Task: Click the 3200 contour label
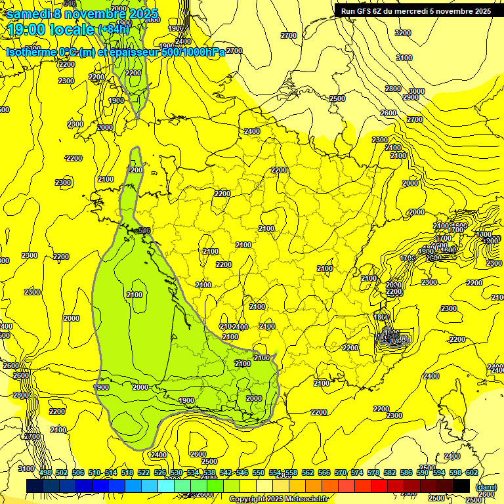click(403, 33)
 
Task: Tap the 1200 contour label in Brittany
click(135, 170)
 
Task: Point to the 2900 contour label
click(411, 98)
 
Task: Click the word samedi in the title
click(29, 14)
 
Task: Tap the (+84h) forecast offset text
click(114, 29)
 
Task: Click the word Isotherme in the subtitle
click(32, 52)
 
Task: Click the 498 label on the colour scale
click(45, 472)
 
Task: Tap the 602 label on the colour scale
click(472, 472)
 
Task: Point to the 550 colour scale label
click(259, 472)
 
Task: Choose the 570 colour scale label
click(341, 472)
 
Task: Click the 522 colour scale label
click(144, 472)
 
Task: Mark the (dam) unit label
click(486, 487)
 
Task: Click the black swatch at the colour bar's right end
click(461, 486)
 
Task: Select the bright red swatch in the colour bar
click(379, 486)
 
